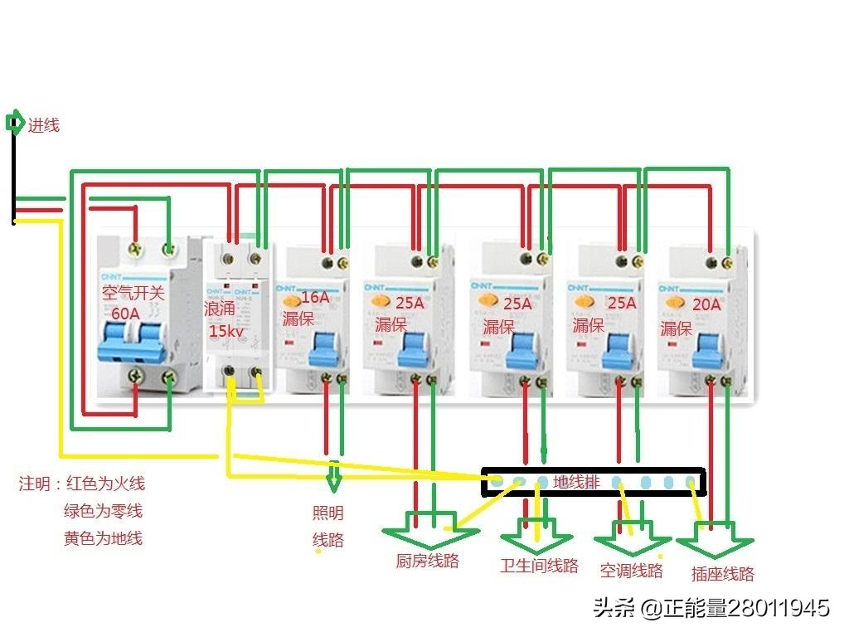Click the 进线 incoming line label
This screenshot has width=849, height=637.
tap(44, 126)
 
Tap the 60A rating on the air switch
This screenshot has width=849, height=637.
tap(126, 314)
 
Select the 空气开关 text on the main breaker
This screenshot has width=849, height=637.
tap(133, 293)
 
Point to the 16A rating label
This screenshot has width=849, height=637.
tap(315, 298)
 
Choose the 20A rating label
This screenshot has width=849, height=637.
tap(706, 305)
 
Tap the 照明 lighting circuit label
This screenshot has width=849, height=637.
tap(327, 513)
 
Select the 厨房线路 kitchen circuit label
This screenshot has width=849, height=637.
tap(427, 561)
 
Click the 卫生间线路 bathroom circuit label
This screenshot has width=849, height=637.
tap(539, 566)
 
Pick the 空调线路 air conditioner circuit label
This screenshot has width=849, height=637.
tap(632, 570)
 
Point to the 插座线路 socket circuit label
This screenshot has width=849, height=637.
tap(723, 573)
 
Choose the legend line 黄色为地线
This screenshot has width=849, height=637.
tap(103, 538)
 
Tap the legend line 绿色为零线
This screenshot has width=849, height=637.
tap(103, 511)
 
